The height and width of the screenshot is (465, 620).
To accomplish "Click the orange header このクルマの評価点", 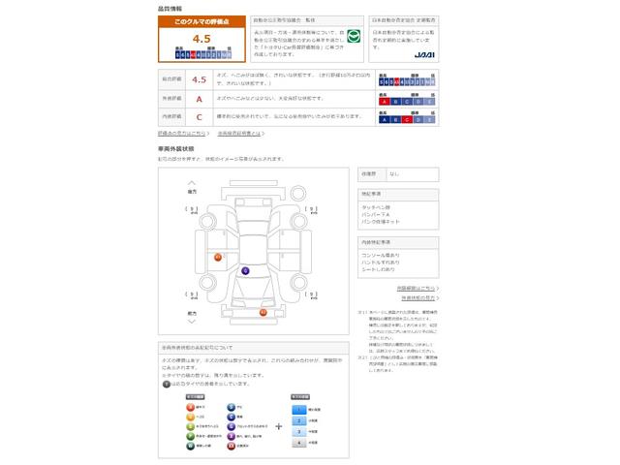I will [201, 20].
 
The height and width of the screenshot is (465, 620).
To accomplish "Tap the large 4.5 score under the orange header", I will [201, 39].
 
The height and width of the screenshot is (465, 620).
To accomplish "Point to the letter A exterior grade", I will [199, 99].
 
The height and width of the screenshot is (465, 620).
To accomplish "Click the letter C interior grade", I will [199, 116].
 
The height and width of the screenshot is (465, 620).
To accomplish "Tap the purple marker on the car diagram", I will [245, 270].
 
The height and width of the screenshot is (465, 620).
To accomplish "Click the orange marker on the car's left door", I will [218, 257].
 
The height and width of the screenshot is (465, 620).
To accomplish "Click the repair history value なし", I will [394, 174].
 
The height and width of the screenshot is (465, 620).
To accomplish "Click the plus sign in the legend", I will [279, 425].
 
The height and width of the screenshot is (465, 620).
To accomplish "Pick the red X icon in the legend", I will [231, 447].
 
